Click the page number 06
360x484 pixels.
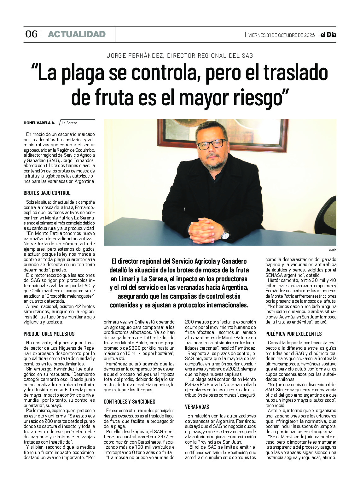click(x=31, y=34)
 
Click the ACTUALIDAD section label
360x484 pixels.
click(x=77, y=34)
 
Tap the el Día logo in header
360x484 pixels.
click(x=328, y=35)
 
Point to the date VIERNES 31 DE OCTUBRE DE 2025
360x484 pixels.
click(x=281, y=35)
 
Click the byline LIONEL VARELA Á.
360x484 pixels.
click(x=39, y=123)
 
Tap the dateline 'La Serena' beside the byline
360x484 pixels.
click(x=70, y=123)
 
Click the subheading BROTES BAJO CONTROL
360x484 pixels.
click(x=47, y=193)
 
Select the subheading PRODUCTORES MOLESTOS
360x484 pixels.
click(x=49, y=334)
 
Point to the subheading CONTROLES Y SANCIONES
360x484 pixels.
click(x=130, y=402)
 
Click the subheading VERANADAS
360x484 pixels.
click(x=197, y=407)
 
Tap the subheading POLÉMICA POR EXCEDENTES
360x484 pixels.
click(x=293, y=334)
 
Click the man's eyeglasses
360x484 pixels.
click(x=212, y=144)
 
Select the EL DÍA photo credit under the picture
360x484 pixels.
click(x=332, y=250)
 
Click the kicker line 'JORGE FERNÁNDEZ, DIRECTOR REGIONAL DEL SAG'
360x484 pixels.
click(x=180, y=56)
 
